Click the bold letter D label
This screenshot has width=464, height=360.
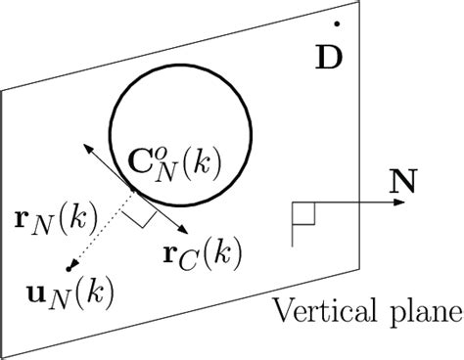point(330,55)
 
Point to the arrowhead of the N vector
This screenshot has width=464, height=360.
point(400,203)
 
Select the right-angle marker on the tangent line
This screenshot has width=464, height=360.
point(143,217)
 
